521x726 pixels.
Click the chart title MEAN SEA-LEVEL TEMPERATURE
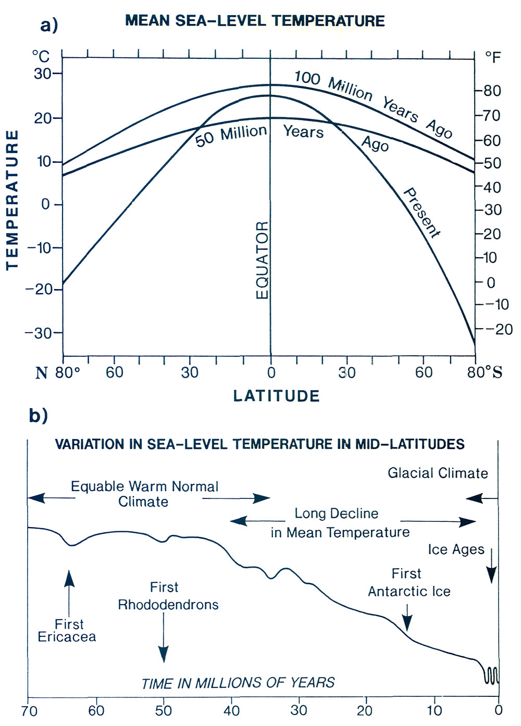tap(255, 21)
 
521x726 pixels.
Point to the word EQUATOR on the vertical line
tap(263, 260)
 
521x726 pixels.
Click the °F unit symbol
tap(492, 56)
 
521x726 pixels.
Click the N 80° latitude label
tap(58, 372)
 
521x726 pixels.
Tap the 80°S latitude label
tap(485, 372)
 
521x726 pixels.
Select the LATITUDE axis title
tap(276, 396)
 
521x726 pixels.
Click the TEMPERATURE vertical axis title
tap(12, 200)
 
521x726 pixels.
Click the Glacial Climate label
tap(438, 473)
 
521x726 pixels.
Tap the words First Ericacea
tap(67, 630)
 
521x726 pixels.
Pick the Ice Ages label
tap(456, 549)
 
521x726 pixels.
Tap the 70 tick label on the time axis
tap(30, 710)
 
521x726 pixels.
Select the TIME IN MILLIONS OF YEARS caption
tap(238, 683)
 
